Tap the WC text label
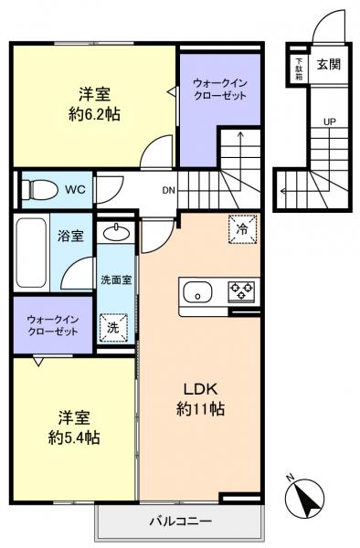[75, 190]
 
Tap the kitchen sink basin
[196, 292]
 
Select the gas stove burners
[241, 291]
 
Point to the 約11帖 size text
[201, 408]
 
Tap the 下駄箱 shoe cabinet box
[299, 68]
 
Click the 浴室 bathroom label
[71, 236]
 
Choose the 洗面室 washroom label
[116, 280]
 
